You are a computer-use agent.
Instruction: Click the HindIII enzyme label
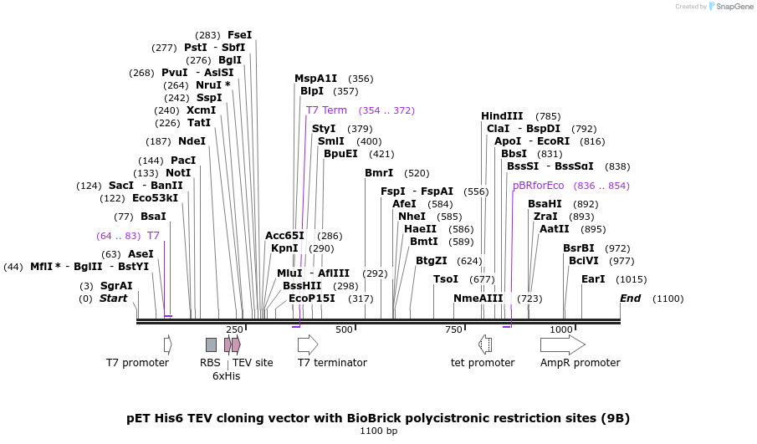[x=502, y=116]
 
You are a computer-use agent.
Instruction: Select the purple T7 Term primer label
[x=326, y=110]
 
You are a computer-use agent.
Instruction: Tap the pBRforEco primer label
[x=539, y=186]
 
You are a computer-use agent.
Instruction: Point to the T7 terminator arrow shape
[x=308, y=344]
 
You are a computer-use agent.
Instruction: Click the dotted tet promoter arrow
[x=485, y=344]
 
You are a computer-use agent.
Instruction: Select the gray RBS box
[x=211, y=344]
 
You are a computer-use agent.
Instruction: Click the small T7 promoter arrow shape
[x=168, y=344]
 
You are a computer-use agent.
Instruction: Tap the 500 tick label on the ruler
[x=344, y=330]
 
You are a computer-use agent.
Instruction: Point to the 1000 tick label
[x=561, y=330]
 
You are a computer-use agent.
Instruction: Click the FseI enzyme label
[x=239, y=35]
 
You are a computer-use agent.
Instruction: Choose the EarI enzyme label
[x=593, y=279]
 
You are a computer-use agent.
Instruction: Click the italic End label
[x=630, y=299]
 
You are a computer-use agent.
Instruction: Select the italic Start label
[x=115, y=299]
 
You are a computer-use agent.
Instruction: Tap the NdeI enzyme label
[x=192, y=141]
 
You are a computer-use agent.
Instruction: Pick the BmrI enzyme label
[x=379, y=173]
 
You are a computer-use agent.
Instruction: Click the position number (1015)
[x=632, y=279]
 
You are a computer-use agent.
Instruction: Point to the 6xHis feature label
[x=227, y=376]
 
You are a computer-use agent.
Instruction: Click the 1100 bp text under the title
[x=378, y=431]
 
